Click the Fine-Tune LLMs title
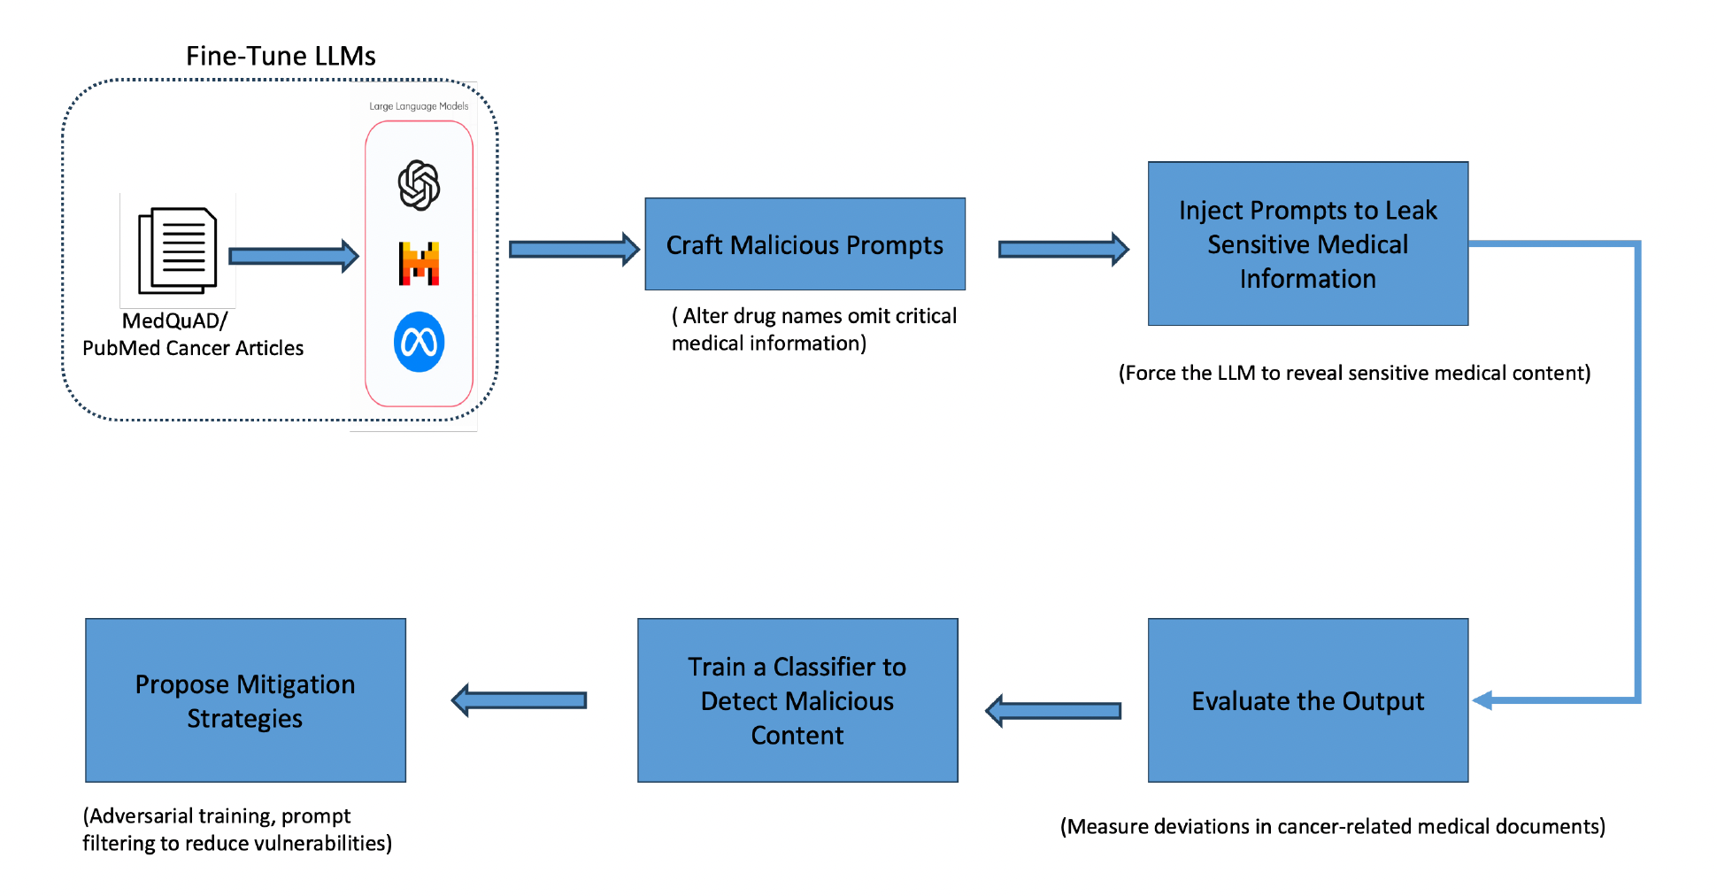[281, 57]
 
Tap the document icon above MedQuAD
[178, 251]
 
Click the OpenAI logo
[419, 185]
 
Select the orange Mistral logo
[419, 264]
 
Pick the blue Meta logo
[419, 342]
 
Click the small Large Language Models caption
[419, 106]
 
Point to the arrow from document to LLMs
[293, 256]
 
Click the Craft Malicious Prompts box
[805, 244]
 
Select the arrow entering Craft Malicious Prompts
[574, 250]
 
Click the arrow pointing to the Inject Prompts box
[1063, 250]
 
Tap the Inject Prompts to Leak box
[1307, 243]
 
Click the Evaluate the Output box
[1307, 700]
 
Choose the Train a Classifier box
[797, 700]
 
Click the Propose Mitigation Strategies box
[245, 700]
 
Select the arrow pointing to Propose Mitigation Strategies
[519, 700]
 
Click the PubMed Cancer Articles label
[193, 348]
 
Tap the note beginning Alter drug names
[813, 329]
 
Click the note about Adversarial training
[237, 830]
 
